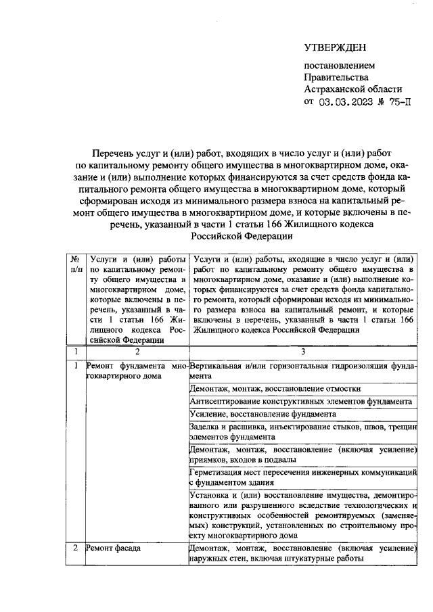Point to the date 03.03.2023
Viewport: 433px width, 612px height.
(346, 102)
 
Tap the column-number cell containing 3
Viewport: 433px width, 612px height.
(303, 352)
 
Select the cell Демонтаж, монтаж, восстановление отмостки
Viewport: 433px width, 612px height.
(279, 389)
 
